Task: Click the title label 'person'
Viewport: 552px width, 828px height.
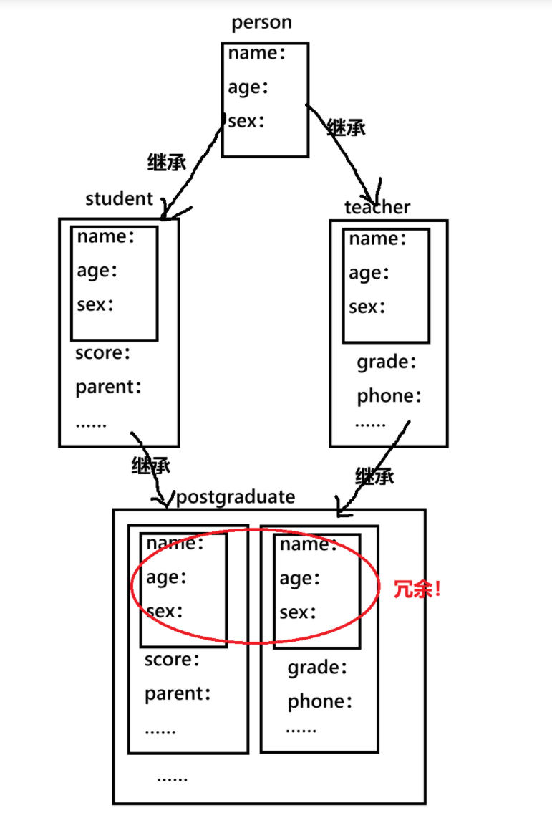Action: point(261,23)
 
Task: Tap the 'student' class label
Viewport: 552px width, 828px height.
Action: point(119,199)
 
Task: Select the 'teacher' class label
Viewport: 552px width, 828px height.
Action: point(377,208)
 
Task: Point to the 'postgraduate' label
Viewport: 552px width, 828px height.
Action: point(235,497)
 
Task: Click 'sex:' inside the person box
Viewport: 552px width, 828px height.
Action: point(246,121)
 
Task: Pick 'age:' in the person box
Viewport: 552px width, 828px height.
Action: point(248,87)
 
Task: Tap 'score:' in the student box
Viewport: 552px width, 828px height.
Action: point(103,353)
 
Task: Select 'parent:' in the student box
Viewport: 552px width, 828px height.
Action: point(109,387)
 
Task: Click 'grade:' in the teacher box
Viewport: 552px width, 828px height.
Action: point(387,362)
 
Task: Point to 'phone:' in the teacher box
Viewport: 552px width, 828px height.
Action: point(389,396)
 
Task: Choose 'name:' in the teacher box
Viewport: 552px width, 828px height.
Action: point(378,239)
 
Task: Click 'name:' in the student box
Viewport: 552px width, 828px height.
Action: point(106,236)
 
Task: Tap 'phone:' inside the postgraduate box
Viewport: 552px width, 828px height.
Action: point(320,702)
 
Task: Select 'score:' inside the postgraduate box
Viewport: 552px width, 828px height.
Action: point(173,660)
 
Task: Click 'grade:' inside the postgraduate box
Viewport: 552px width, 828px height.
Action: point(317,668)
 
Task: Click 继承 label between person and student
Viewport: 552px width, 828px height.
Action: point(166,162)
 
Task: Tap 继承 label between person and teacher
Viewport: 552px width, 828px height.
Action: point(346,128)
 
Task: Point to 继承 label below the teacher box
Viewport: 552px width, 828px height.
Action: point(374,476)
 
